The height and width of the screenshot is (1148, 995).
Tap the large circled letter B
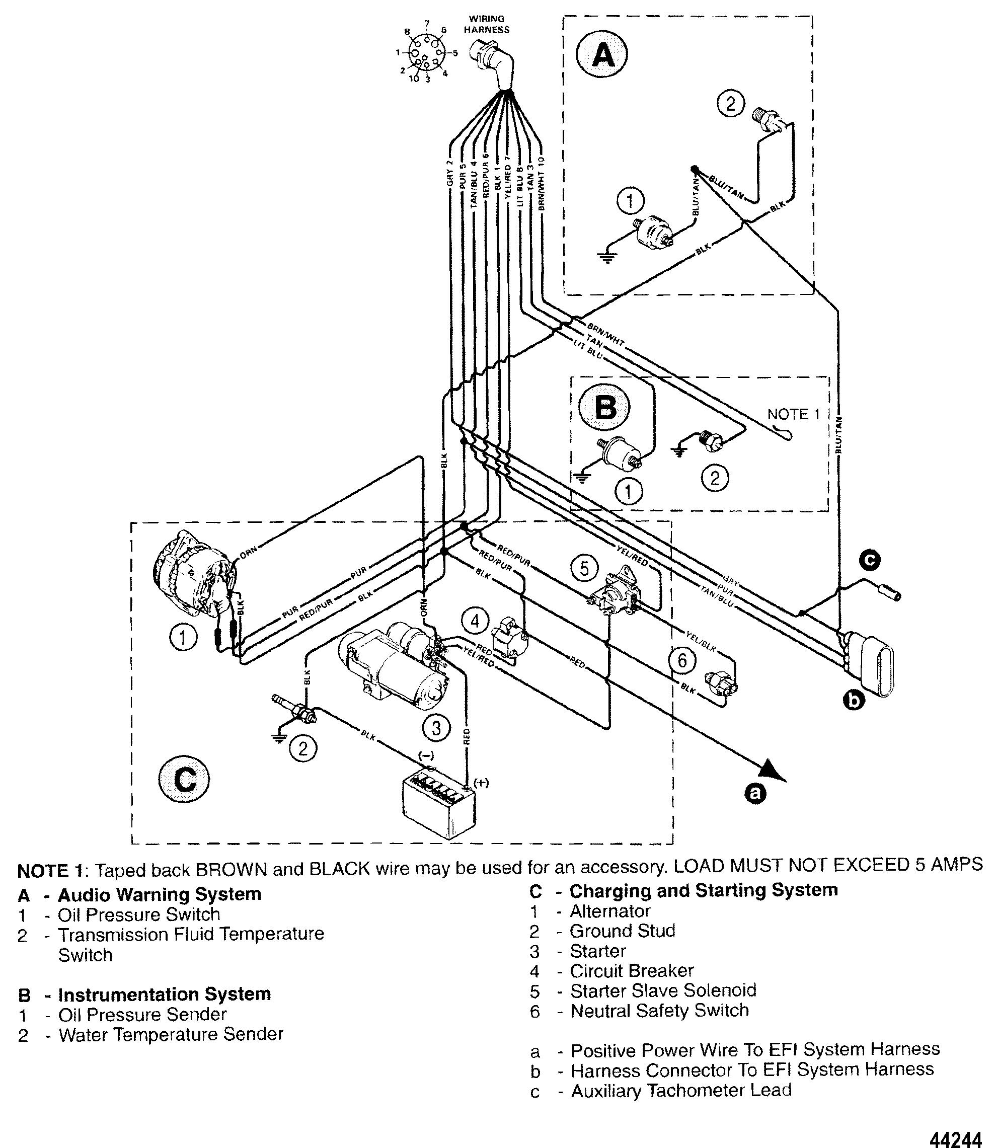pyautogui.click(x=604, y=408)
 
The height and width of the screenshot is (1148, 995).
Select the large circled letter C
pyautogui.click(x=184, y=780)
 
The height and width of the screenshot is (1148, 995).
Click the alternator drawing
pyautogui.click(x=192, y=572)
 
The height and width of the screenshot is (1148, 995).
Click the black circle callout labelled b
pyautogui.click(x=854, y=702)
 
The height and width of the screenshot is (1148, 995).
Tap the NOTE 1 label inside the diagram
pyautogui.click(x=793, y=414)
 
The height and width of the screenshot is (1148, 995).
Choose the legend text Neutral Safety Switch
pyautogui.click(x=659, y=1010)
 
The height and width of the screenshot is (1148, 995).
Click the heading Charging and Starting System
pyautogui.click(x=704, y=890)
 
